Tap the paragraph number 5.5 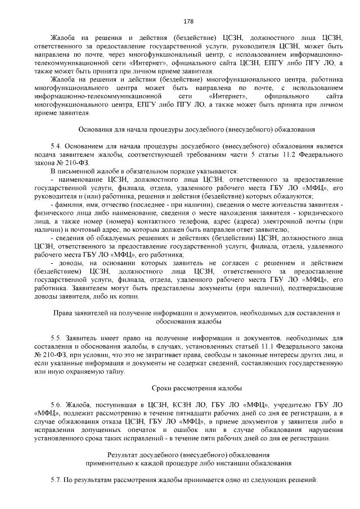[55, 337]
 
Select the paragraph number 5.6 [55, 404]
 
